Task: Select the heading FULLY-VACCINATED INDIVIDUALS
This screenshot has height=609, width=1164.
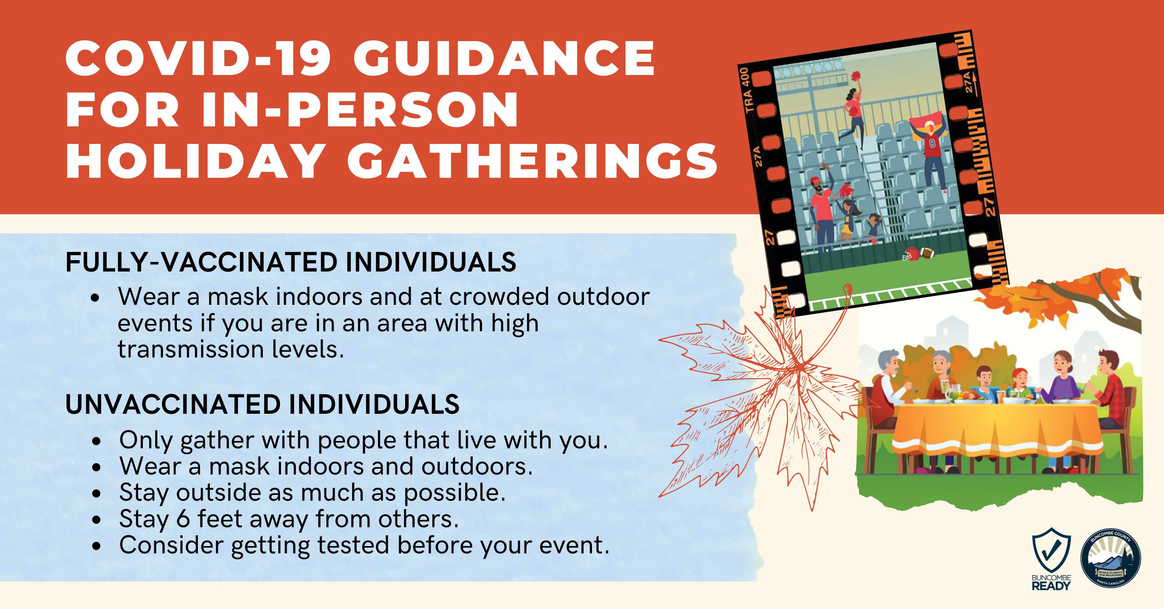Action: click(x=291, y=262)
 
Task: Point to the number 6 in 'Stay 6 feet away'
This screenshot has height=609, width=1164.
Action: click(x=183, y=519)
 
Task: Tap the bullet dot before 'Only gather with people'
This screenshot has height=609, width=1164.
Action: click(x=96, y=441)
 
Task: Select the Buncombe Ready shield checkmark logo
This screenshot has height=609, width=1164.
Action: click(x=1051, y=551)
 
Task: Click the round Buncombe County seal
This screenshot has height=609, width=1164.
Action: click(x=1111, y=558)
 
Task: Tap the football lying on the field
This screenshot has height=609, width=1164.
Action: click(x=927, y=252)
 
